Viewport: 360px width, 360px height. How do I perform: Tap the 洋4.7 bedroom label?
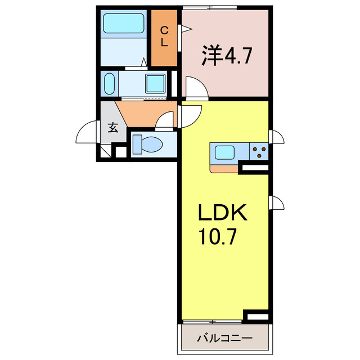click(x=226, y=56)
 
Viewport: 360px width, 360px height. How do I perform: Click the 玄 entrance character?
click(x=112, y=127)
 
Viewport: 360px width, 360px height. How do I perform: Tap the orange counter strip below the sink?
click(x=224, y=167)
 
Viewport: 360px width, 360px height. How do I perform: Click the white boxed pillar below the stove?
click(x=254, y=168)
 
